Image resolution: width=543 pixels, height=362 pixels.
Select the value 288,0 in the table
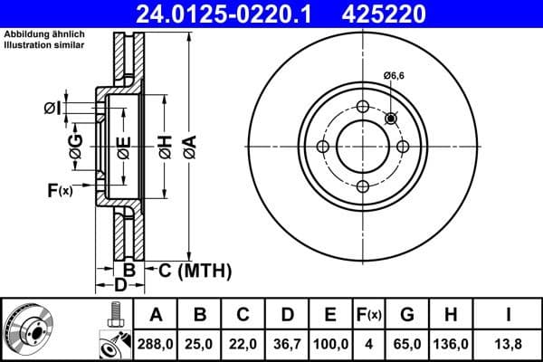pyautogui.click(x=157, y=343)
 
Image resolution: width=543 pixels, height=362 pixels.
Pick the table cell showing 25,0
pyautogui.click(x=200, y=343)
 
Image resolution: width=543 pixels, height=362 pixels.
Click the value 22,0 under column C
pyautogui.click(x=243, y=343)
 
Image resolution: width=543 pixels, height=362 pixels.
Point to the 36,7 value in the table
pyautogui.click(x=287, y=343)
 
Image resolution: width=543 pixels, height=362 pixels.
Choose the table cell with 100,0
pyautogui.click(x=330, y=343)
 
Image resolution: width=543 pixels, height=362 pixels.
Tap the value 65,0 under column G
pyautogui.click(x=407, y=343)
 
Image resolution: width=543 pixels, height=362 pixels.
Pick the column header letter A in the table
pyautogui.click(x=157, y=315)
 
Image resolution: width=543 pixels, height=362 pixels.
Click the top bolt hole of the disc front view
pyautogui.click(x=363, y=108)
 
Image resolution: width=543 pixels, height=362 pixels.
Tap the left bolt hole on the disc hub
pyautogui.click(x=323, y=148)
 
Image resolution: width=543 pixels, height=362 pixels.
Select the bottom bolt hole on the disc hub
pyautogui.click(x=363, y=187)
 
